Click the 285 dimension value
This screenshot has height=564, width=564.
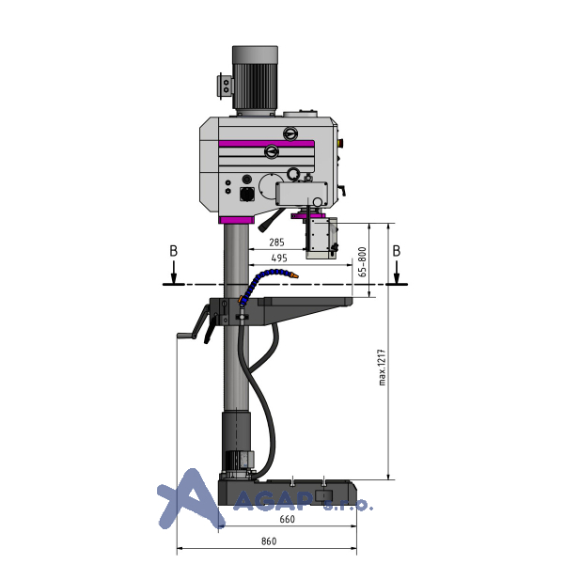coord(276,243)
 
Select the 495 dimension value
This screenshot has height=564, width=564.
coord(279,258)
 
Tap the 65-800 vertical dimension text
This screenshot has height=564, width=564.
coord(363,262)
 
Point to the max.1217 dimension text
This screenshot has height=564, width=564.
coord(382,368)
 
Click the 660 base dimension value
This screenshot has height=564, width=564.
coord(287,519)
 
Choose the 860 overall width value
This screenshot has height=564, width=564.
coord(269,541)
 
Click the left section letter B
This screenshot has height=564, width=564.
coord(173,251)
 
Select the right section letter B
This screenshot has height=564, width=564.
coord(396,251)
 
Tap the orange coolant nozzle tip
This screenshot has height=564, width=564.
coord(294,276)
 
